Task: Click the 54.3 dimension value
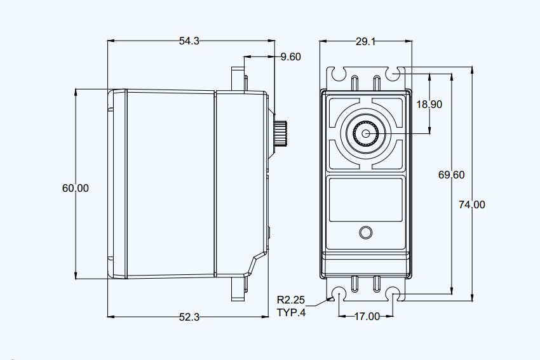[189, 41]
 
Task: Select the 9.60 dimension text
[291, 57]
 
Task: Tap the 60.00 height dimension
[76, 188]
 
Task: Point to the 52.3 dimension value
[189, 317]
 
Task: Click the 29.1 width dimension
[365, 42]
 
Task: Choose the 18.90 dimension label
[429, 104]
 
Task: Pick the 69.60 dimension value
[451, 175]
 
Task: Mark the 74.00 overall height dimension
[472, 204]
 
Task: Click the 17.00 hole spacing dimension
[367, 316]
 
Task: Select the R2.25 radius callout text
[291, 300]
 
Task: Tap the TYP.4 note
[291, 313]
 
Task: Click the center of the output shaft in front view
[366, 134]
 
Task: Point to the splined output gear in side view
[281, 134]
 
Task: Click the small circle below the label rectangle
[365, 232]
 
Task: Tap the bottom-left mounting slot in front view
[339, 294]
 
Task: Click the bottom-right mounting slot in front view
[393, 294]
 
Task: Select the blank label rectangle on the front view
[366, 199]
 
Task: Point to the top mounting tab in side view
[238, 80]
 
